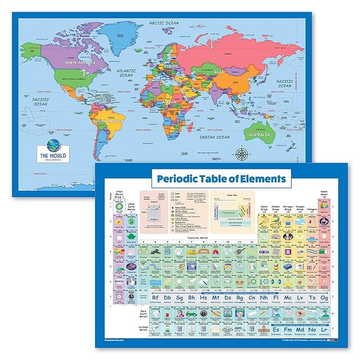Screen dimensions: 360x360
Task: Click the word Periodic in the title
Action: click(x=181, y=179)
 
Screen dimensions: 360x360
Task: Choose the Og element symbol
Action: click(x=323, y=298)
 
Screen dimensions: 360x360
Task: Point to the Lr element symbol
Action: click(x=323, y=330)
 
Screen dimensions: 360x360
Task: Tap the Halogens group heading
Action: click(x=312, y=210)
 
